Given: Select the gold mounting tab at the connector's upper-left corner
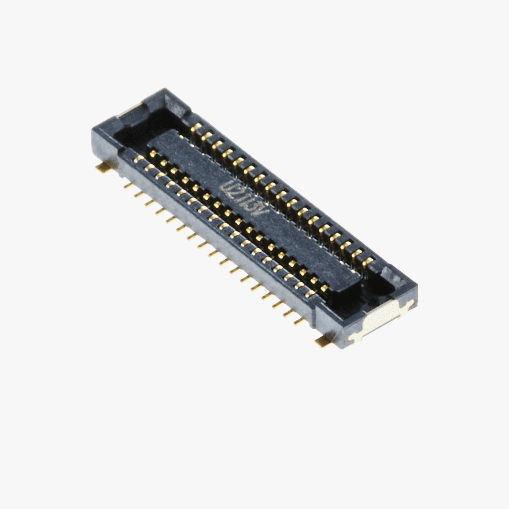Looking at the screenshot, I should coord(105,167).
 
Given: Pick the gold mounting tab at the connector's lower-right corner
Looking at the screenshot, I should coord(324,342).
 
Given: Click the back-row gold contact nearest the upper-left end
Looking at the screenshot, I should coord(196,128).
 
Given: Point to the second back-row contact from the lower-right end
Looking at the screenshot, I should coord(357,254).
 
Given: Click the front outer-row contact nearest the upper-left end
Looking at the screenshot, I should coord(138,158).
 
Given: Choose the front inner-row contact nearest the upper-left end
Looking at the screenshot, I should coord(153,154).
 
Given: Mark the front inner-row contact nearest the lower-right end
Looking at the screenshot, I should coord(324,288).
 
